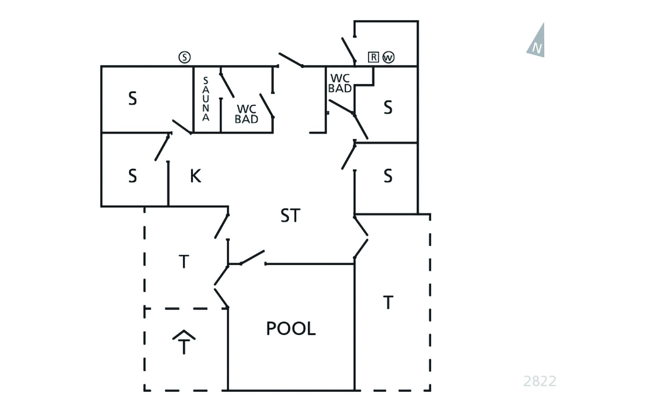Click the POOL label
pos(291,328)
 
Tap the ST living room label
pos(290,216)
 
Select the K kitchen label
pos(195,176)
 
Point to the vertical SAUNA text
pos(206,99)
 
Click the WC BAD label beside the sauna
pos(246,114)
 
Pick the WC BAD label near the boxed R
pos(340,83)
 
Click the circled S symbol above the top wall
pos(185,57)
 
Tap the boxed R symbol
pos(373,57)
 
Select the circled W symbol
pos(389,57)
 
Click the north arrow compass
pos(537,41)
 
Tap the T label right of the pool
pos(388,302)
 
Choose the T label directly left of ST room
pos(184,261)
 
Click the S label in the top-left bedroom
pos(132,99)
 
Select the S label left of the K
pos(132,176)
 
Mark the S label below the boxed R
pos(388,107)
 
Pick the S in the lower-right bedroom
pos(388,176)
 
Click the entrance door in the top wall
pos(291,60)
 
